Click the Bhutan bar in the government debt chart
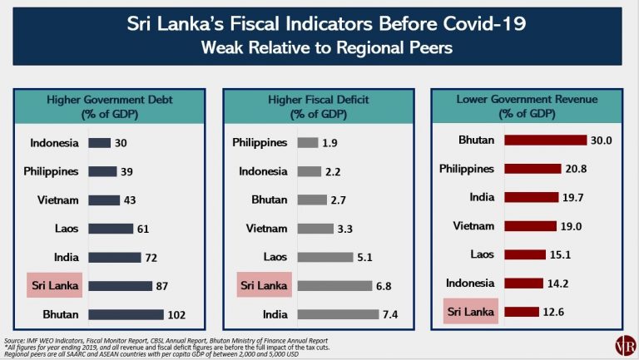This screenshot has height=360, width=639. [x=126, y=314]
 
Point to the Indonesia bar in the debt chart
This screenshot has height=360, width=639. [x=100, y=143]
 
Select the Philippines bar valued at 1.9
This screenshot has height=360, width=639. [x=308, y=143]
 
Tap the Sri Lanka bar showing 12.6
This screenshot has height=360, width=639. [x=522, y=313]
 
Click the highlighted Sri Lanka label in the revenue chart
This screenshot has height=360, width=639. [x=469, y=313]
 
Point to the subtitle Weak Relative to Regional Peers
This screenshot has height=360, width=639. [x=319, y=48]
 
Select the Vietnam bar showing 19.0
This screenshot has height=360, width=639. [x=531, y=226]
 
